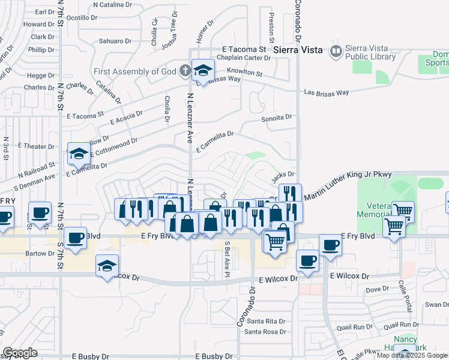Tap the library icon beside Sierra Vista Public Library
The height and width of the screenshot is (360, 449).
coord(335,52)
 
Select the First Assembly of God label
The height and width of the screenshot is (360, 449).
coord(134,71)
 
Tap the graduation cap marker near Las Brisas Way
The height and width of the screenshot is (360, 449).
coord(203,71)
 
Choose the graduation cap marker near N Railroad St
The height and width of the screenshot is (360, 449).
coord(79,154)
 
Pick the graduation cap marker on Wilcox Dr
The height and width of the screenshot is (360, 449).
coord(107,266)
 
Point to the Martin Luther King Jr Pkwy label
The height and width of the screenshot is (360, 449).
coord(348,185)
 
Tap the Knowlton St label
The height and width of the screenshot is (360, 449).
coord(246,74)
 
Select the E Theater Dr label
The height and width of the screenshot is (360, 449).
coord(37,146)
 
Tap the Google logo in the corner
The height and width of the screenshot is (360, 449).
coord(20,353)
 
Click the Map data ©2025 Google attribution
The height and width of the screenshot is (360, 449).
coord(412,355)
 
